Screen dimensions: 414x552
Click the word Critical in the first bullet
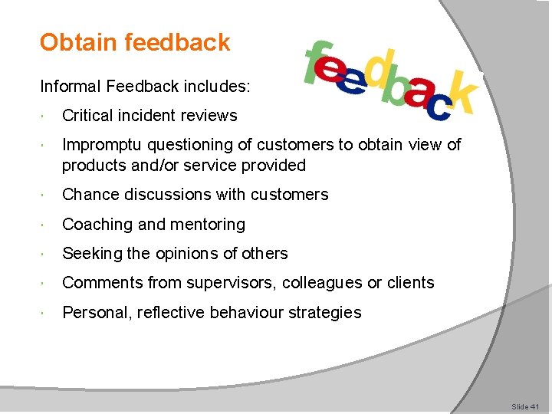85,116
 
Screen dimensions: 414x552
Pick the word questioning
192,145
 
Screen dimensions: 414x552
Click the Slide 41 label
526,407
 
